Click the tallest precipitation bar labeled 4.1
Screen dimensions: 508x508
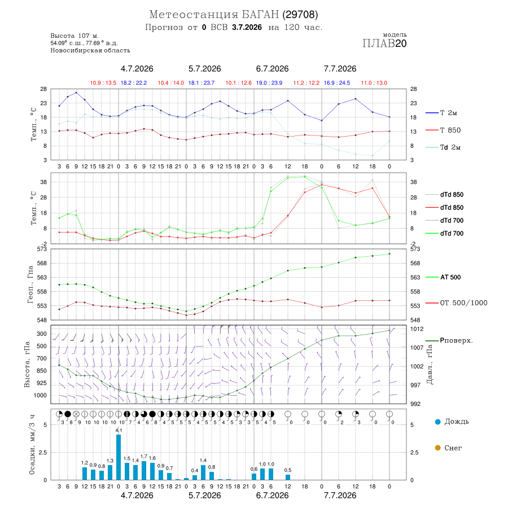tap(119, 457)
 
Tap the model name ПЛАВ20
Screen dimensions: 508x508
tap(384, 43)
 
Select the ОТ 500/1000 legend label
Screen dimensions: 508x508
tap(463, 303)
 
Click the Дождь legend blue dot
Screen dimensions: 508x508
tap(437, 422)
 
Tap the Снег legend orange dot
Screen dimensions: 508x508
tap(437, 448)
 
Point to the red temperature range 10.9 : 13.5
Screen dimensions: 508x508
tap(103, 83)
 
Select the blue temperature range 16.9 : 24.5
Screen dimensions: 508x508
tap(337, 83)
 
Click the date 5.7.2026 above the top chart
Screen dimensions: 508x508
tap(205, 69)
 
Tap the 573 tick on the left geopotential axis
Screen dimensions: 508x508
tap(42, 249)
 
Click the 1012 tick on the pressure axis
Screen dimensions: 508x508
tap(417, 329)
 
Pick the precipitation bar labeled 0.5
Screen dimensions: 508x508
tap(288, 477)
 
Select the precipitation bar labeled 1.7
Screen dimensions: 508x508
tap(144, 470)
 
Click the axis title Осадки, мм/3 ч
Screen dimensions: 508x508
tap(32, 445)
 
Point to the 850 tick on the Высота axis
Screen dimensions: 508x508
tap(41, 371)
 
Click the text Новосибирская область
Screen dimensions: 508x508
tap(90, 51)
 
